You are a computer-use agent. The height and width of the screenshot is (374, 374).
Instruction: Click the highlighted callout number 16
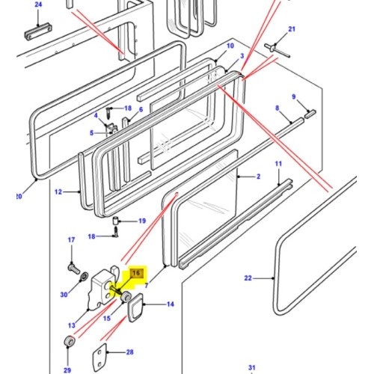pyautogui.click(x=137, y=274)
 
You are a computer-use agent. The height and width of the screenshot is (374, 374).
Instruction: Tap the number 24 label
pyautogui.click(x=38, y=4)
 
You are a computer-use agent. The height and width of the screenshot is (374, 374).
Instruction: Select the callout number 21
pyautogui.click(x=292, y=29)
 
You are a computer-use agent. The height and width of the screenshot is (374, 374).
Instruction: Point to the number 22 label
pyautogui.click(x=248, y=278)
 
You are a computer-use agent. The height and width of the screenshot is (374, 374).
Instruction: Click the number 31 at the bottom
pyautogui.click(x=252, y=366)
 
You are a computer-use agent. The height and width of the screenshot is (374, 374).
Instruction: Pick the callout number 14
pyautogui.click(x=170, y=304)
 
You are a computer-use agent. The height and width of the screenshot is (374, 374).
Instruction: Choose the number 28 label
pyautogui.click(x=130, y=352)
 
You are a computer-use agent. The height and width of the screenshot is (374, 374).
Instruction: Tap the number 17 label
pyautogui.click(x=73, y=240)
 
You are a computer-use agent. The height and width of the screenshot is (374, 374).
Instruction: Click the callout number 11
pyautogui.click(x=278, y=163)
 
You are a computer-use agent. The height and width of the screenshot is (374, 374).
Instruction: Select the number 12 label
pyautogui.click(x=58, y=192)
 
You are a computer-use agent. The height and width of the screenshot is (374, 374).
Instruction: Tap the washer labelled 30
pyautogui.click(x=65, y=292)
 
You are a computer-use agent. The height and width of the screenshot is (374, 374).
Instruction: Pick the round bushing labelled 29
pyautogui.click(x=69, y=343)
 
